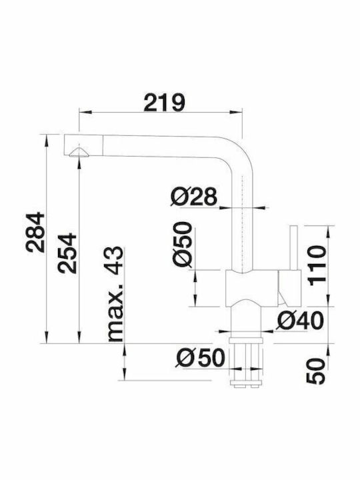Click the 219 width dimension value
[x=165, y=103]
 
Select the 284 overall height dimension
[x=35, y=233]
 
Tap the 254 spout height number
[x=67, y=253]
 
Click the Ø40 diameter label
[x=300, y=321]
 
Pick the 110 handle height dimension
[x=317, y=265]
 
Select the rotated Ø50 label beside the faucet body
[x=183, y=244]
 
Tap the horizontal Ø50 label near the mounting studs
[x=200, y=357]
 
